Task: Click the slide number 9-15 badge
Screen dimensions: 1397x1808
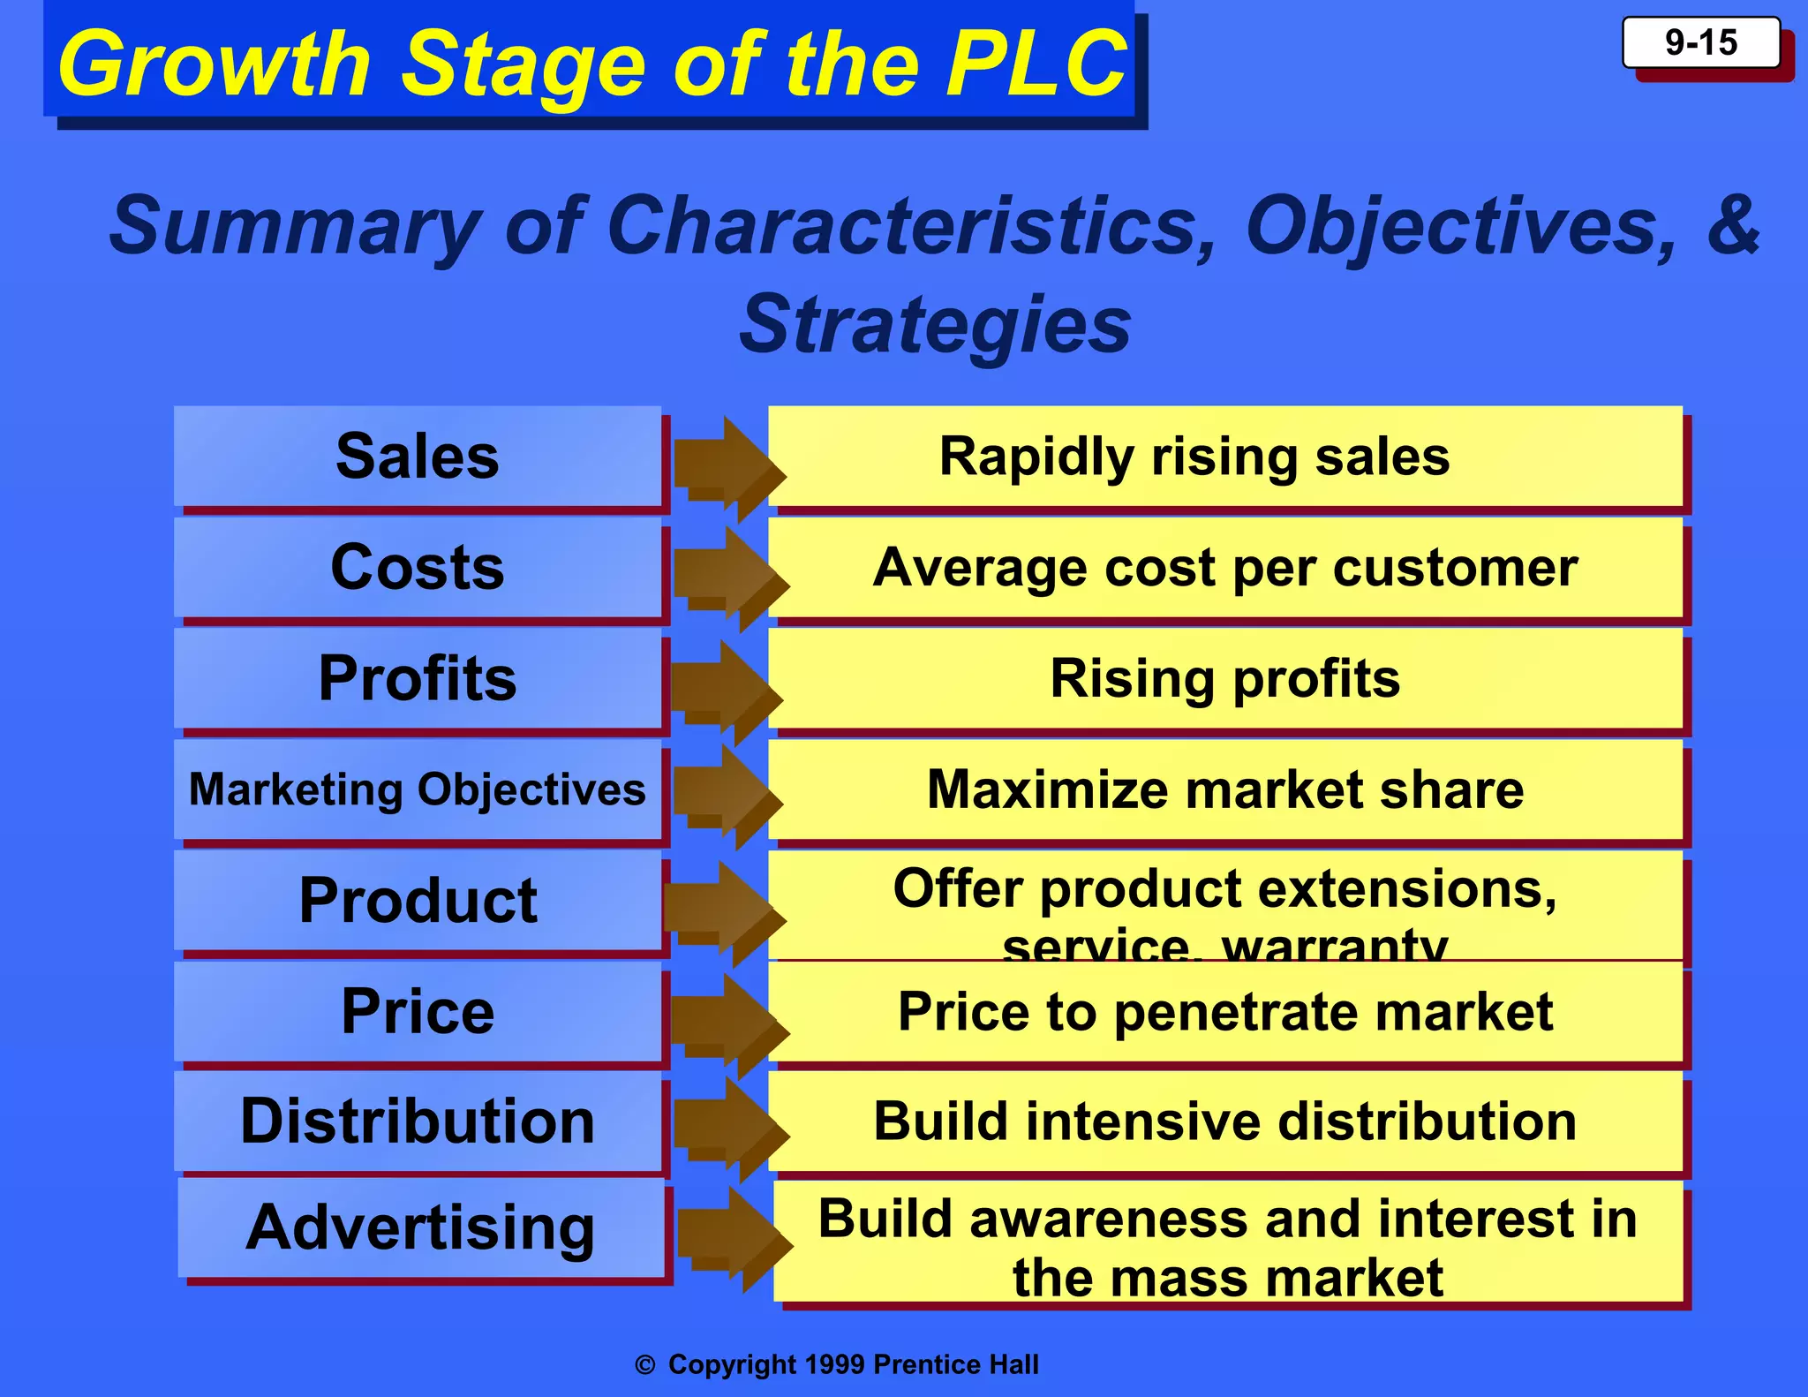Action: pyautogui.click(x=1700, y=43)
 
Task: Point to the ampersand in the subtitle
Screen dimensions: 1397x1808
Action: pyautogui.click(x=1732, y=225)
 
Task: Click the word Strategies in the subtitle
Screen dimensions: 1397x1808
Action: pyautogui.click(x=935, y=325)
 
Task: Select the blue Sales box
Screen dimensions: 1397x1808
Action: pyautogui.click(x=417, y=457)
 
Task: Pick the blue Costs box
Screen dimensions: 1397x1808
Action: pyautogui.click(x=417, y=567)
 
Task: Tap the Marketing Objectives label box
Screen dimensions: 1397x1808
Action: pyautogui.click(x=417, y=789)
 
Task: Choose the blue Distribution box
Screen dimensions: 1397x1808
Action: pyautogui.click(x=417, y=1121)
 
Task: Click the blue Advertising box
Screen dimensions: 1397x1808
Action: pyautogui.click(x=420, y=1227)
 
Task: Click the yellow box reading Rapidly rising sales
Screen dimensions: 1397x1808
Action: pyautogui.click(x=1224, y=457)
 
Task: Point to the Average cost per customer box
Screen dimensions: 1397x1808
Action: pyautogui.click(x=1224, y=567)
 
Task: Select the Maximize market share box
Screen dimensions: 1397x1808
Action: pyautogui.click(x=1224, y=789)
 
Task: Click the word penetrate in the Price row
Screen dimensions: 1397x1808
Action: pyautogui.click(x=1237, y=1012)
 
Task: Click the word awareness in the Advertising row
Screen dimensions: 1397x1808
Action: pyautogui.click(x=1110, y=1220)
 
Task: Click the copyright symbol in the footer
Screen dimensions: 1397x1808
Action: pyautogui.click(x=645, y=1365)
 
